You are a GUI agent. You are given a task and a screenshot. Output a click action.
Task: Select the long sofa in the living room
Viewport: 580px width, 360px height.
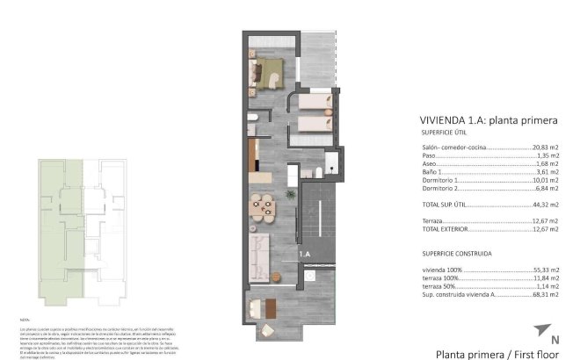pyautogui.click(x=259, y=256)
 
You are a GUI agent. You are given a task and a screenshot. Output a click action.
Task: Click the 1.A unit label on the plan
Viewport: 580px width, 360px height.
pyautogui.click(x=305, y=254)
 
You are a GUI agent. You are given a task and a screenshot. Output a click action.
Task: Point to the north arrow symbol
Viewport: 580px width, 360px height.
pyautogui.click(x=539, y=330)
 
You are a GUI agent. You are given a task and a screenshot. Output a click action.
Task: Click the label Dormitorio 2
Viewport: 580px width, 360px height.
pyautogui.click(x=441, y=188)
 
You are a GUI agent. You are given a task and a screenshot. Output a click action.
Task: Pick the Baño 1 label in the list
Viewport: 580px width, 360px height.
pyautogui.click(x=433, y=172)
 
